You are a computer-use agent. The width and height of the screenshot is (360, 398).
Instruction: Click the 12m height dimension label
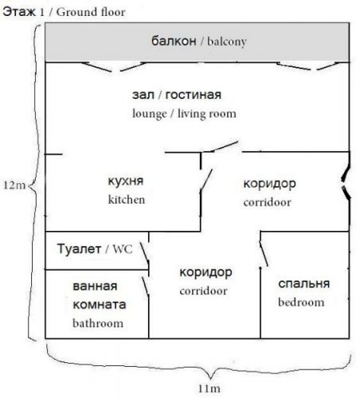click(x=14, y=185)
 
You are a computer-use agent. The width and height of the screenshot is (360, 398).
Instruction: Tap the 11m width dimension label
click(x=209, y=388)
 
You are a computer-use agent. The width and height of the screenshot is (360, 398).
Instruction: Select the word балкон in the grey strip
click(x=174, y=41)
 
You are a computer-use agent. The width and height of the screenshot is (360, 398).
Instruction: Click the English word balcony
click(x=227, y=41)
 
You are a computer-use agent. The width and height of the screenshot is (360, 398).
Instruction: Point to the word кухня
click(x=126, y=181)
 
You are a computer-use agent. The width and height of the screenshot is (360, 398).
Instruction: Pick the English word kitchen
click(x=127, y=200)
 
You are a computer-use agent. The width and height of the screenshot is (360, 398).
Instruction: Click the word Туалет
click(x=79, y=249)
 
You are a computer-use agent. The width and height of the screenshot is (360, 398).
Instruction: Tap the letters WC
click(x=123, y=249)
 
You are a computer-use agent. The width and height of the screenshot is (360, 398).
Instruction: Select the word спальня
click(x=304, y=283)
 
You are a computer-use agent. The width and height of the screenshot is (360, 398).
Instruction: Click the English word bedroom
click(x=301, y=302)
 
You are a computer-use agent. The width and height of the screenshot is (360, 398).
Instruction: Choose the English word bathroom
click(x=98, y=323)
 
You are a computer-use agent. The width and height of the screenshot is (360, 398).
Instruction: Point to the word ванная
click(x=95, y=286)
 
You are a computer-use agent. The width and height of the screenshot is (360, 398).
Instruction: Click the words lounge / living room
click(x=184, y=114)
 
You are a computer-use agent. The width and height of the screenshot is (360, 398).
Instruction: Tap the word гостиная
click(x=193, y=95)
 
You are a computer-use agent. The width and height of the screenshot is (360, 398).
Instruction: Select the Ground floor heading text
click(x=91, y=12)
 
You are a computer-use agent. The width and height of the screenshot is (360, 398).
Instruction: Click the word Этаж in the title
click(x=19, y=12)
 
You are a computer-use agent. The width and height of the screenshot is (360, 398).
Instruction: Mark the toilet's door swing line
click(x=144, y=252)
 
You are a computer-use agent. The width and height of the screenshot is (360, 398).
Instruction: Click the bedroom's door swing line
click(x=264, y=253)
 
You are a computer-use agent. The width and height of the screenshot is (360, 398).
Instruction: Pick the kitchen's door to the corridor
click(x=206, y=180)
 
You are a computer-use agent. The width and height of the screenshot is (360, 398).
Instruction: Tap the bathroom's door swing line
click(x=145, y=286)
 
